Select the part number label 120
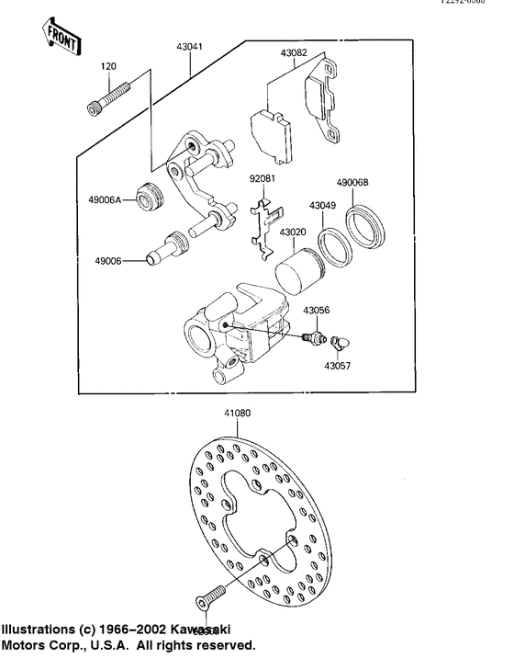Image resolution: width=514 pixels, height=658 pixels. click(x=108, y=67)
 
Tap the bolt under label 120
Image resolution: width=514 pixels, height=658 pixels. click(x=110, y=98)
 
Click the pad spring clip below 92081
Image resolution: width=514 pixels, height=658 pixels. click(x=265, y=225)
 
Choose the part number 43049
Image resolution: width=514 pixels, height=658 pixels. click(x=322, y=206)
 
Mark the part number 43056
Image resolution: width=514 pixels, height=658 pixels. click(x=317, y=312)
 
